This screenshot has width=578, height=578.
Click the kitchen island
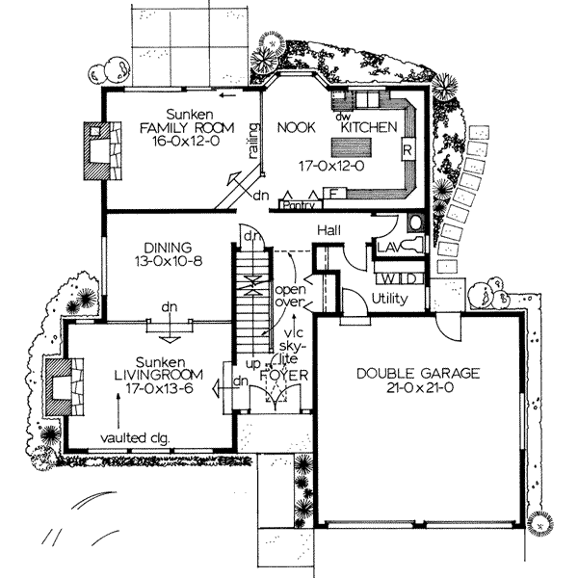pos(352,147)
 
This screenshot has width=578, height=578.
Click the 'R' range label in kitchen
pos(407,150)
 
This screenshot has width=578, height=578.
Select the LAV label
pos(389,249)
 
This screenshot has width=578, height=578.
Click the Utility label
pos(390,299)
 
